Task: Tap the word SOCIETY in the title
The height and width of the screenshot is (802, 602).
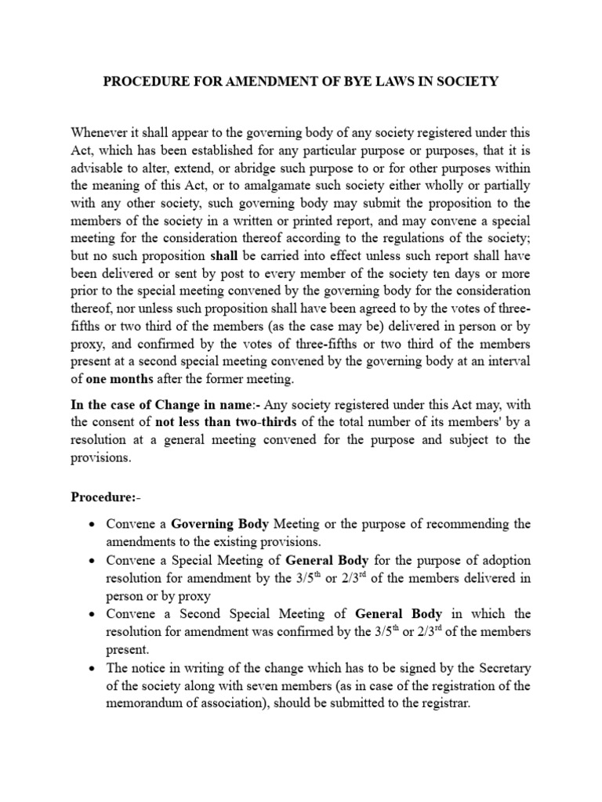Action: point(469,81)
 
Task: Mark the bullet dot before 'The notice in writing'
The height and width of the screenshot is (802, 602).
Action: point(92,668)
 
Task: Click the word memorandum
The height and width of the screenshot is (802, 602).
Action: point(147,703)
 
